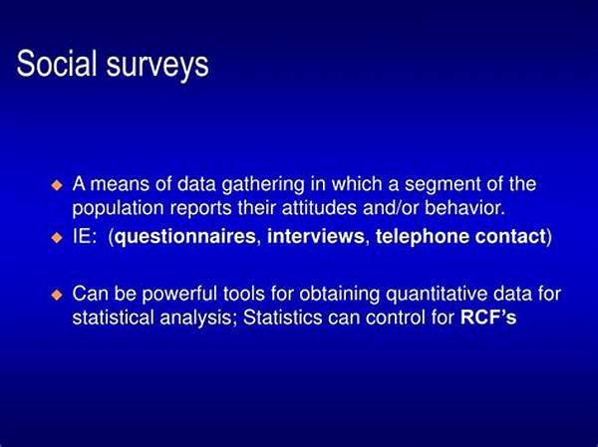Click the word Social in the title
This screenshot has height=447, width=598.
click(x=57, y=63)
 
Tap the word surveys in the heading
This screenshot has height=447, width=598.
click(x=157, y=67)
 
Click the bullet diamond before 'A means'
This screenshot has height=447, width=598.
click(x=57, y=185)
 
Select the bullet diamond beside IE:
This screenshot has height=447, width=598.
click(x=57, y=238)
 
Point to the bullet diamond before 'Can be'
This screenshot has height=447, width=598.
click(x=57, y=295)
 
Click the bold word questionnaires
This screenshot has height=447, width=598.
click(x=185, y=237)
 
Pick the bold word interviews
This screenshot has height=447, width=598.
click(x=316, y=236)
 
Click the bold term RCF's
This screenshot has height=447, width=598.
click(x=488, y=317)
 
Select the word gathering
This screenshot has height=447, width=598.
click(x=263, y=185)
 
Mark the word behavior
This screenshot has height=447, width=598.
click(x=464, y=208)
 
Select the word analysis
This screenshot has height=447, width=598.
click(x=196, y=319)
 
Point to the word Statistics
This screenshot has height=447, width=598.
click(x=283, y=317)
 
